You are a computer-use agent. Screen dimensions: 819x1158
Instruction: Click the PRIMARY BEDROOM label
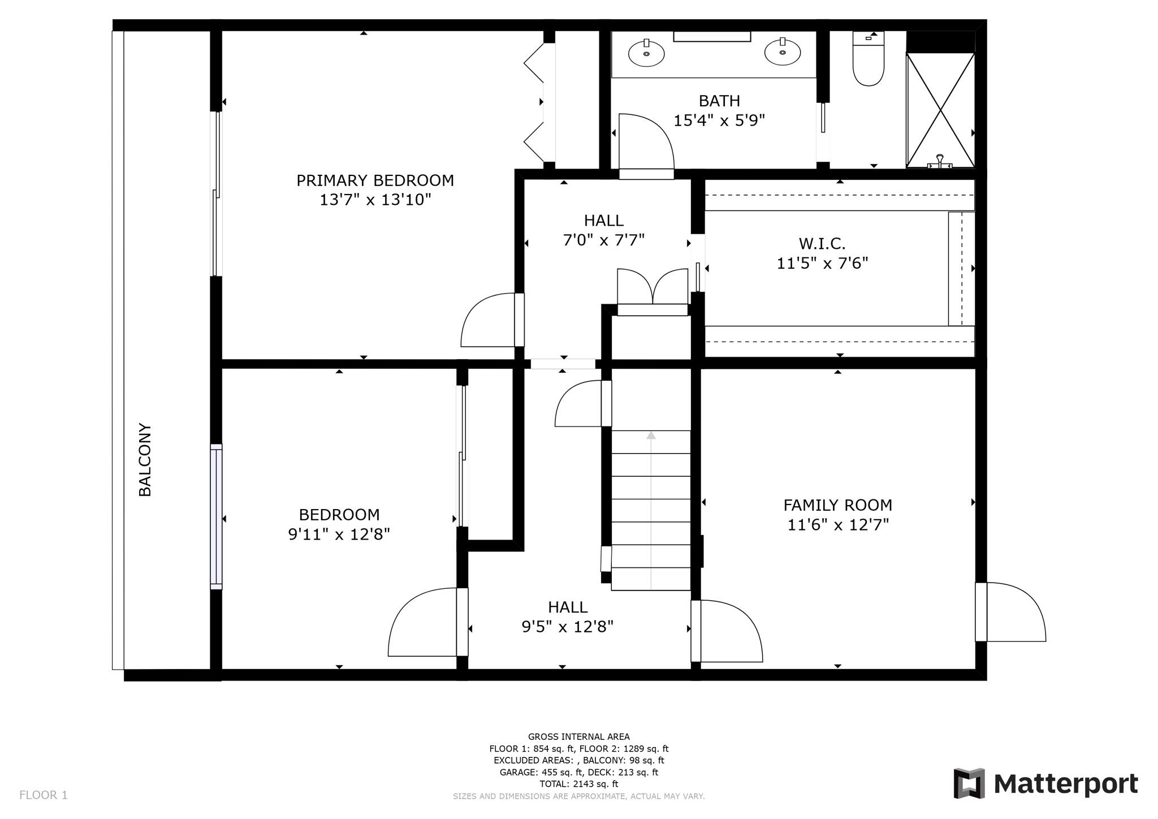(x=375, y=180)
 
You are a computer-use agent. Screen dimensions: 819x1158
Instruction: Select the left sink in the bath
(x=646, y=53)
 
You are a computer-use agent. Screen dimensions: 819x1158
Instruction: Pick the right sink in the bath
(x=783, y=53)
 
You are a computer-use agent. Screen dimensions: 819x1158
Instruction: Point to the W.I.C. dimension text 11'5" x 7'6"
(x=822, y=264)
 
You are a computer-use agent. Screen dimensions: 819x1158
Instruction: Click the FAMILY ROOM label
(x=837, y=505)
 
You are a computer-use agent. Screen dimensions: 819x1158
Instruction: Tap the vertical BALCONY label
(x=145, y=459)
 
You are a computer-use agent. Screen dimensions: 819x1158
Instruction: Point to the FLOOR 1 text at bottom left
(x=44, y=795)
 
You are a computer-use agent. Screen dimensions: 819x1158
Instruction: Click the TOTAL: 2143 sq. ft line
(x=578, y=784)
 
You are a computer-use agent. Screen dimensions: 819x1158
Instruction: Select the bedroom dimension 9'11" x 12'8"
(x=339, y=534)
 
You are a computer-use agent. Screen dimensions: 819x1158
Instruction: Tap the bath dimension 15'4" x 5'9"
(x=719, y=120)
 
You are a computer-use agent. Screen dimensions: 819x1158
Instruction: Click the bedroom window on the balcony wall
(x=216, y=516)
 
